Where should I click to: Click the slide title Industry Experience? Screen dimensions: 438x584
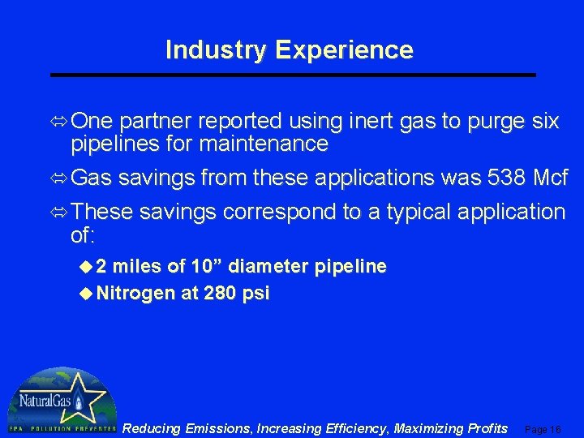[x=290, y=50]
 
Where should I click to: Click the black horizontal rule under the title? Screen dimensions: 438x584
[x=293, y=75]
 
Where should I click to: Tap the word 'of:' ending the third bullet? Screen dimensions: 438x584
[x=84, y=236]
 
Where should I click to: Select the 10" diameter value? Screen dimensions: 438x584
[x=208, y=267]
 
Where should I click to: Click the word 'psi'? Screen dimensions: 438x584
[x=256, y=294]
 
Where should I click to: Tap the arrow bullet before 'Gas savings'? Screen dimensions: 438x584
[x=60, y=177]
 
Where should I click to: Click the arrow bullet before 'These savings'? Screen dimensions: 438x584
[x=60, y=213]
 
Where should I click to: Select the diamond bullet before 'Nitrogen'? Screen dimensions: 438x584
[x=87, y=294]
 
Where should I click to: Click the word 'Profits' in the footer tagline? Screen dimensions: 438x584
[x=485, y=427]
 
